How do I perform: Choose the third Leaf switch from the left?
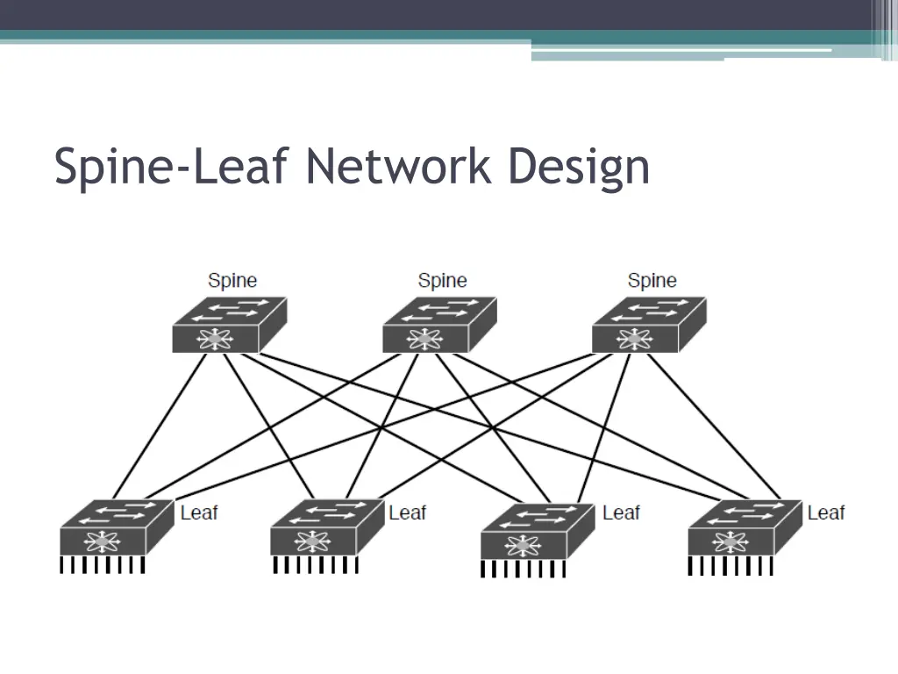pos(538,531)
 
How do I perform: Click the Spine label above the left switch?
pos(232,281)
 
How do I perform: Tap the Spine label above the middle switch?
pos(442,281)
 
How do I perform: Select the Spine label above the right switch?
pos(652,281)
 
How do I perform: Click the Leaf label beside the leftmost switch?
pos(199,512)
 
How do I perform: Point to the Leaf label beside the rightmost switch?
pos(826,512)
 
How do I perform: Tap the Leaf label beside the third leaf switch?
pos(621,512)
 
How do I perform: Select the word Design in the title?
pos(580,167)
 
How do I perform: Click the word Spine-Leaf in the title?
pos(175,167)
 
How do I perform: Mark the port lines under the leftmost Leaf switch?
pos(102,565)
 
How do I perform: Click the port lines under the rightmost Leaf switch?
pos(731,567)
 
